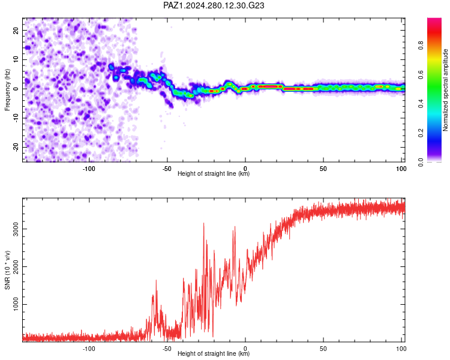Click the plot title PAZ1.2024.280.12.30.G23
coord(214,5)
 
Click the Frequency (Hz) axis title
coord(7,90)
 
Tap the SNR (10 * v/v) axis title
coord(7,270)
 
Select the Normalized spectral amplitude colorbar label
coord(445,90)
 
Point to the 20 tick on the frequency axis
coord(16,30)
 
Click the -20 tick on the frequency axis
coord(16,147)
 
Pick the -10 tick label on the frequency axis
coord(16,118)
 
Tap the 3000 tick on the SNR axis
coord(16,229)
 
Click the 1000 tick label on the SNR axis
coord(16,304)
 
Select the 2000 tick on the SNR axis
coord(16,266)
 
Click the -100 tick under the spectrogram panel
coord(89,169)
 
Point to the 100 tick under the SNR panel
coord(401,349)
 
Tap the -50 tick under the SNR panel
coord(167,349)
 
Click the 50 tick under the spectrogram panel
coord(323,169)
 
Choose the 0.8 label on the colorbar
coord(421,46)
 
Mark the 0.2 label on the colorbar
coord(421,133)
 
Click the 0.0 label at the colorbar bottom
coord(421,162)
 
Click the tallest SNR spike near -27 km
coord(204,223)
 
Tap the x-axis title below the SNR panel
coord(214,353)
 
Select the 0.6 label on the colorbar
coord(421,74)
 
